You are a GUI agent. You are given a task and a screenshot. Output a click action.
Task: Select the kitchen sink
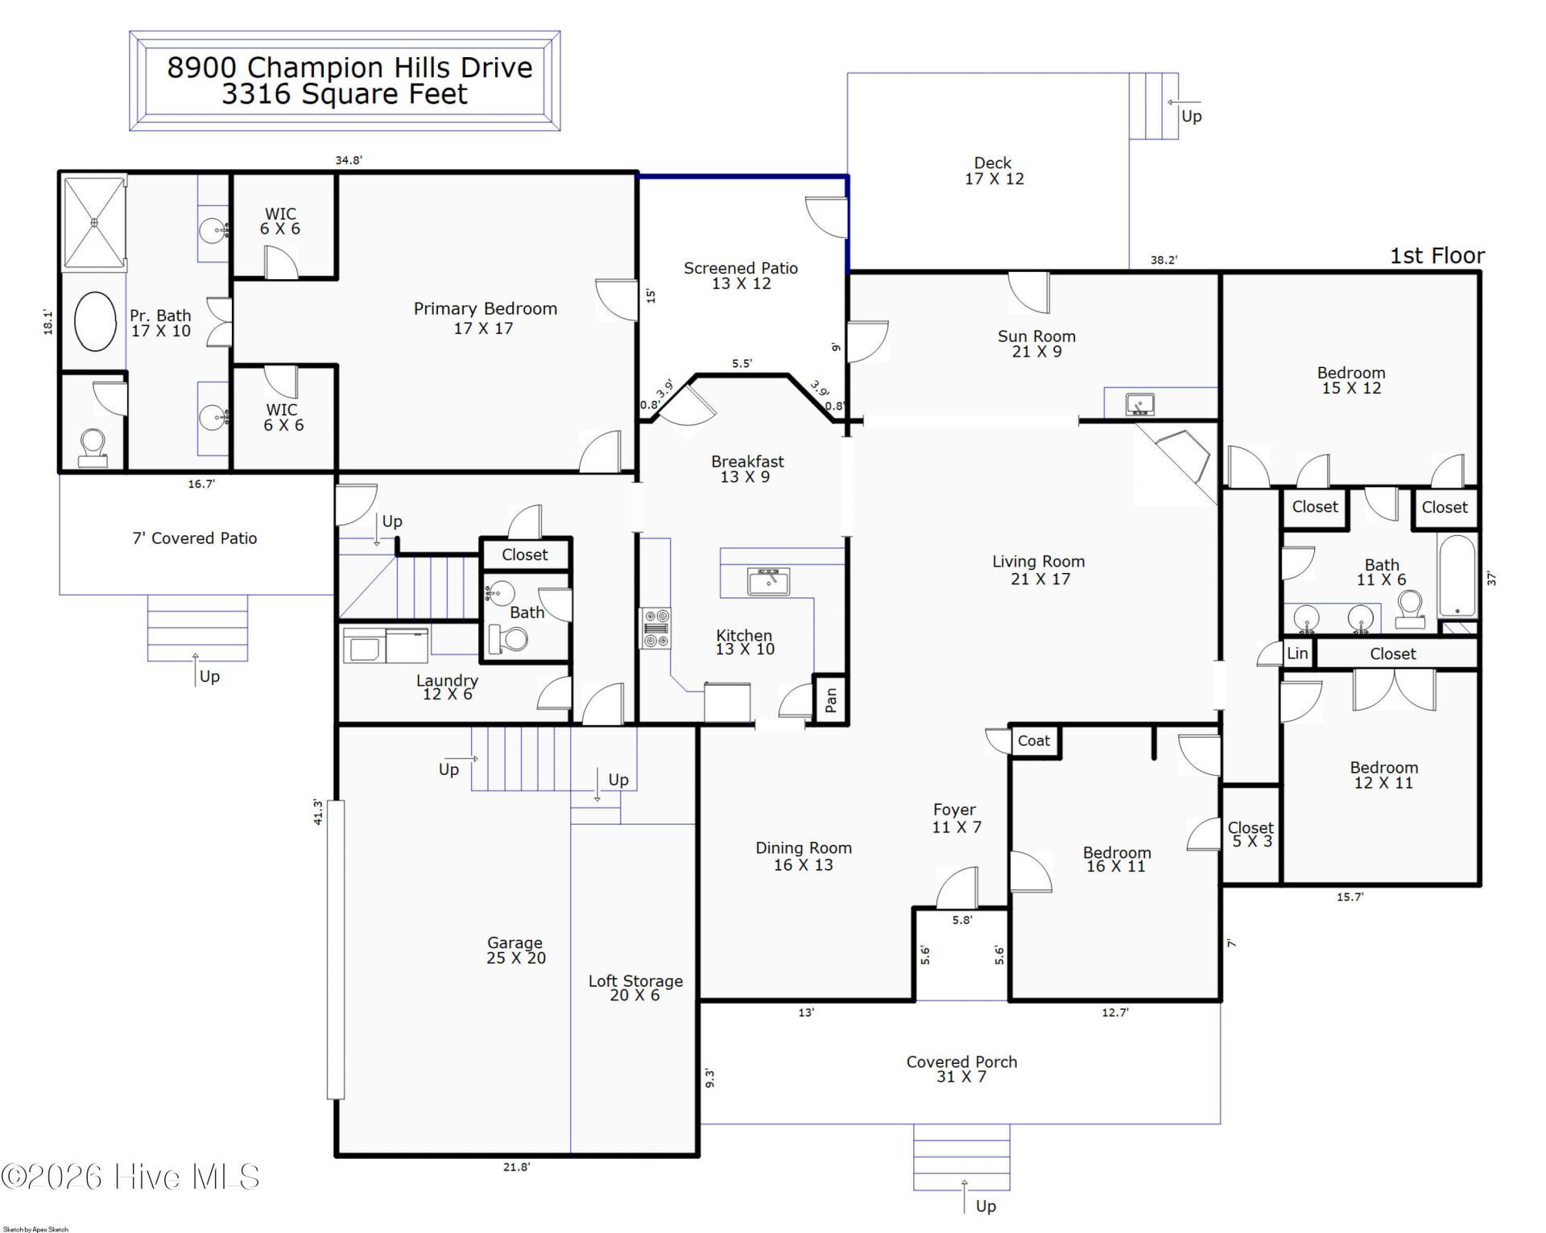(768, 580)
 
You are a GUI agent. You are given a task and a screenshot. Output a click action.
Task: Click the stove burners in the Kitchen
(655, 628)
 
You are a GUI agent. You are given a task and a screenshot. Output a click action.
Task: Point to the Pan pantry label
(831, 700)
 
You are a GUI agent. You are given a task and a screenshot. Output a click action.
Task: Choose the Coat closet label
(1034, 740)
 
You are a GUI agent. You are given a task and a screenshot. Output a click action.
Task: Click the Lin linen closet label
(1296, 654)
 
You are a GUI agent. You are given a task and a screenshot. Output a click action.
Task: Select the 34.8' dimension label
(349, 160)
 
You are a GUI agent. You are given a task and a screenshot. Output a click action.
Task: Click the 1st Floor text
(1437, 256)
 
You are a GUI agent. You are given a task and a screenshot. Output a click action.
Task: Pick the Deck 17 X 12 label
(994, 171)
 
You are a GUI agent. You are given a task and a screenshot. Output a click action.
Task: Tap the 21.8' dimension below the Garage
(517, 1167)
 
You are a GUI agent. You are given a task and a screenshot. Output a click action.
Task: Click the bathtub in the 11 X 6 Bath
(1457, 577)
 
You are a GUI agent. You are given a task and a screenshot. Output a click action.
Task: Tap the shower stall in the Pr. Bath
(94, 223)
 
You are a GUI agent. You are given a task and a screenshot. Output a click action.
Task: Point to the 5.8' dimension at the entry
(962, 919)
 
